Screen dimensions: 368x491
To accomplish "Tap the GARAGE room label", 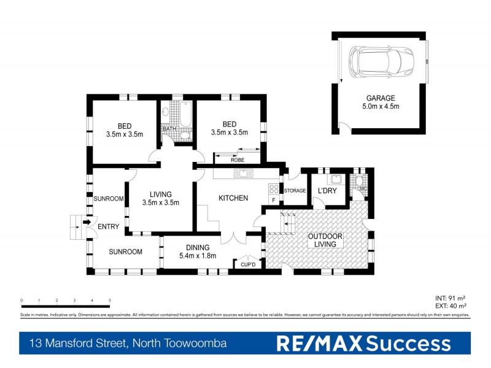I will coord(381,98).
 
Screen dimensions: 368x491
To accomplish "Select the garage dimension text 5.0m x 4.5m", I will coord(381,106).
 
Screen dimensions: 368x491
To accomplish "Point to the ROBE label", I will coord(238,160).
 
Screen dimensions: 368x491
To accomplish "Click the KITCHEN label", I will coord(233,198).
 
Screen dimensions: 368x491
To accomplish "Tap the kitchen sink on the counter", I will coord(244,173).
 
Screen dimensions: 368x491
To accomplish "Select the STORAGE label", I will coord(295,191).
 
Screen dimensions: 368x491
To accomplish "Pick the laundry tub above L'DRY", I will coord(334,180).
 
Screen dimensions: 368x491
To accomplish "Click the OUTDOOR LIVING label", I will coord(325,240).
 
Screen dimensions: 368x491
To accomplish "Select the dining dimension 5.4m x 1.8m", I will coord(198,256).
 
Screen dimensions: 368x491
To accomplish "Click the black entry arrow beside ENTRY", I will coord(87,223).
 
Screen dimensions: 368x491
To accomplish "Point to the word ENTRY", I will coord(109,227).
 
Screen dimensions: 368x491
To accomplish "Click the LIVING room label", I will coord(160,194).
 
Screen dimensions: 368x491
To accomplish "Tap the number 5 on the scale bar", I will coord(110,301).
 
